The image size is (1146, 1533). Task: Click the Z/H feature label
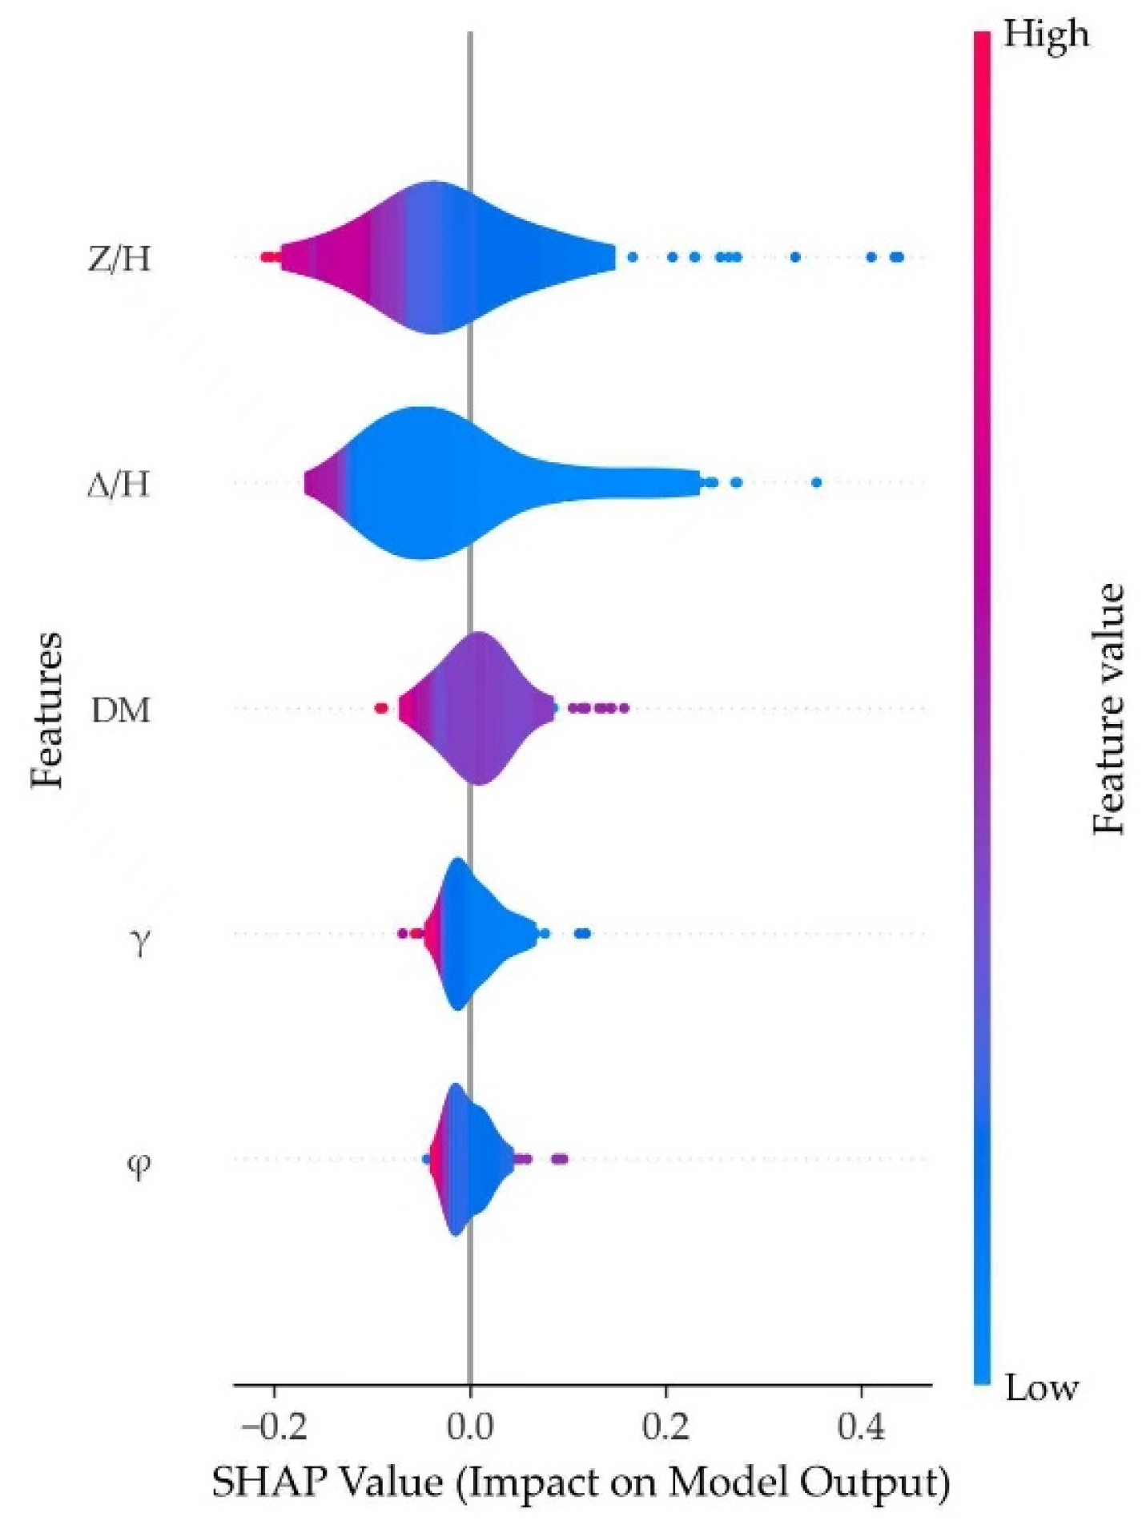[x=119, y=258]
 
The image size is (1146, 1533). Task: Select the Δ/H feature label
[x=119, y=484]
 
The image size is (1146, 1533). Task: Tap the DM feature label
[x=121, y=710]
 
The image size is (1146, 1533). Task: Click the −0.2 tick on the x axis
[x=274, y=1425]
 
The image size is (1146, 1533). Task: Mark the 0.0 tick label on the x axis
[x=470, y=1425]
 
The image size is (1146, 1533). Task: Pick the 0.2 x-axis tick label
[x=665, y=1425]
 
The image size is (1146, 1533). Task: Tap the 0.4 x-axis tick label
[x=861, y=1425]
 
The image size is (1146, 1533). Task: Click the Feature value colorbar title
[x=1109, y=709]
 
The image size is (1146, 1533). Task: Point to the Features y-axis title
[x=46, y=709]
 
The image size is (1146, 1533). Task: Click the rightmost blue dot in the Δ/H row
[x=816, y=482]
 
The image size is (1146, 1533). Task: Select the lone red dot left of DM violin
[x=381, y=708]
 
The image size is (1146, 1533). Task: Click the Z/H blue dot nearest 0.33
[x=795, y=257]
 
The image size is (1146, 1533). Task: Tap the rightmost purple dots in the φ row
[x=560, y=1158]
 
